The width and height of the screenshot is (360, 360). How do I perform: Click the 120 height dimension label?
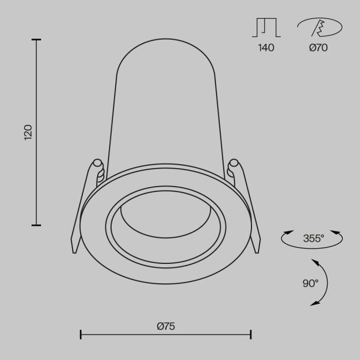pos(28,132)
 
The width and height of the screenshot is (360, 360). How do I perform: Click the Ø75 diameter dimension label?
pos(166,326)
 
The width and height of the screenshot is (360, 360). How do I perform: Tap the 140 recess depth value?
pos(266,48)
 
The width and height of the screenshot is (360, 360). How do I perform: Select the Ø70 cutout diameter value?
pos(318,48)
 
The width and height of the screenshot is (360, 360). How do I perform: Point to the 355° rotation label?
pos(313,238)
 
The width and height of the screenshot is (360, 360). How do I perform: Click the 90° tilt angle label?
pos(311,283)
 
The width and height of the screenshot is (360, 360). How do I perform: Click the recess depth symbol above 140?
pos(266,28)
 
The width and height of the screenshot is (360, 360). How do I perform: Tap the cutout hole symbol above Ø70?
pos(319,28)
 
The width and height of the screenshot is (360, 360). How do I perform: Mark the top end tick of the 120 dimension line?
pos(36,40)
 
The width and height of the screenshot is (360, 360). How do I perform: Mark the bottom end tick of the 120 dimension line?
pos(36,225)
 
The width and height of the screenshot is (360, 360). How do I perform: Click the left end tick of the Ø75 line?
pos(81,335)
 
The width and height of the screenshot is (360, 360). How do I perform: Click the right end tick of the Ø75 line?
pos(251,335)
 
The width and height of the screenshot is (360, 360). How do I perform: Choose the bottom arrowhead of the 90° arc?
pos(313,304)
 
